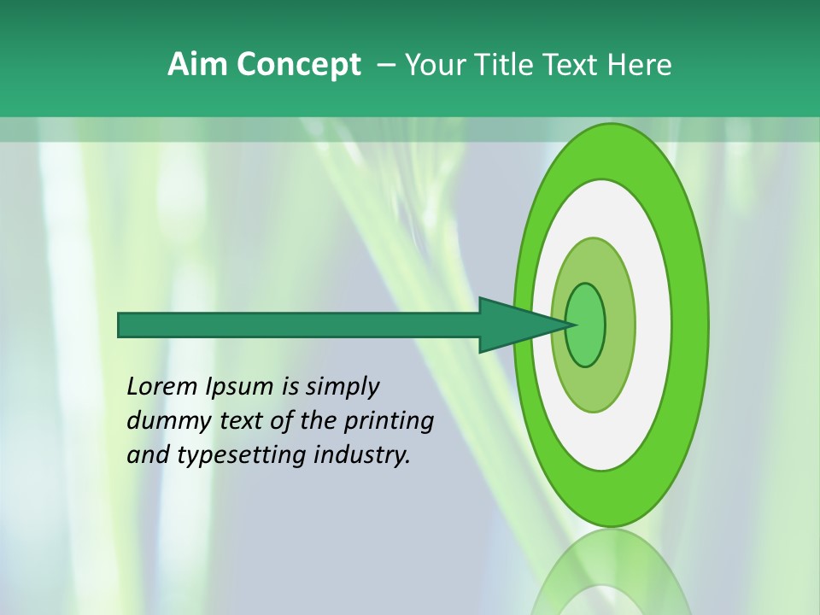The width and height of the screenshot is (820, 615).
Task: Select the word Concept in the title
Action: pos(299,65)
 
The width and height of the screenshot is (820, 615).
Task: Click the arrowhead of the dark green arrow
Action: pos(517,325)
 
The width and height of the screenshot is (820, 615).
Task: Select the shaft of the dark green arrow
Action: pos(299,325)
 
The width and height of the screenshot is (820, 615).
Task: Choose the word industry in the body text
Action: pos(362,455)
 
